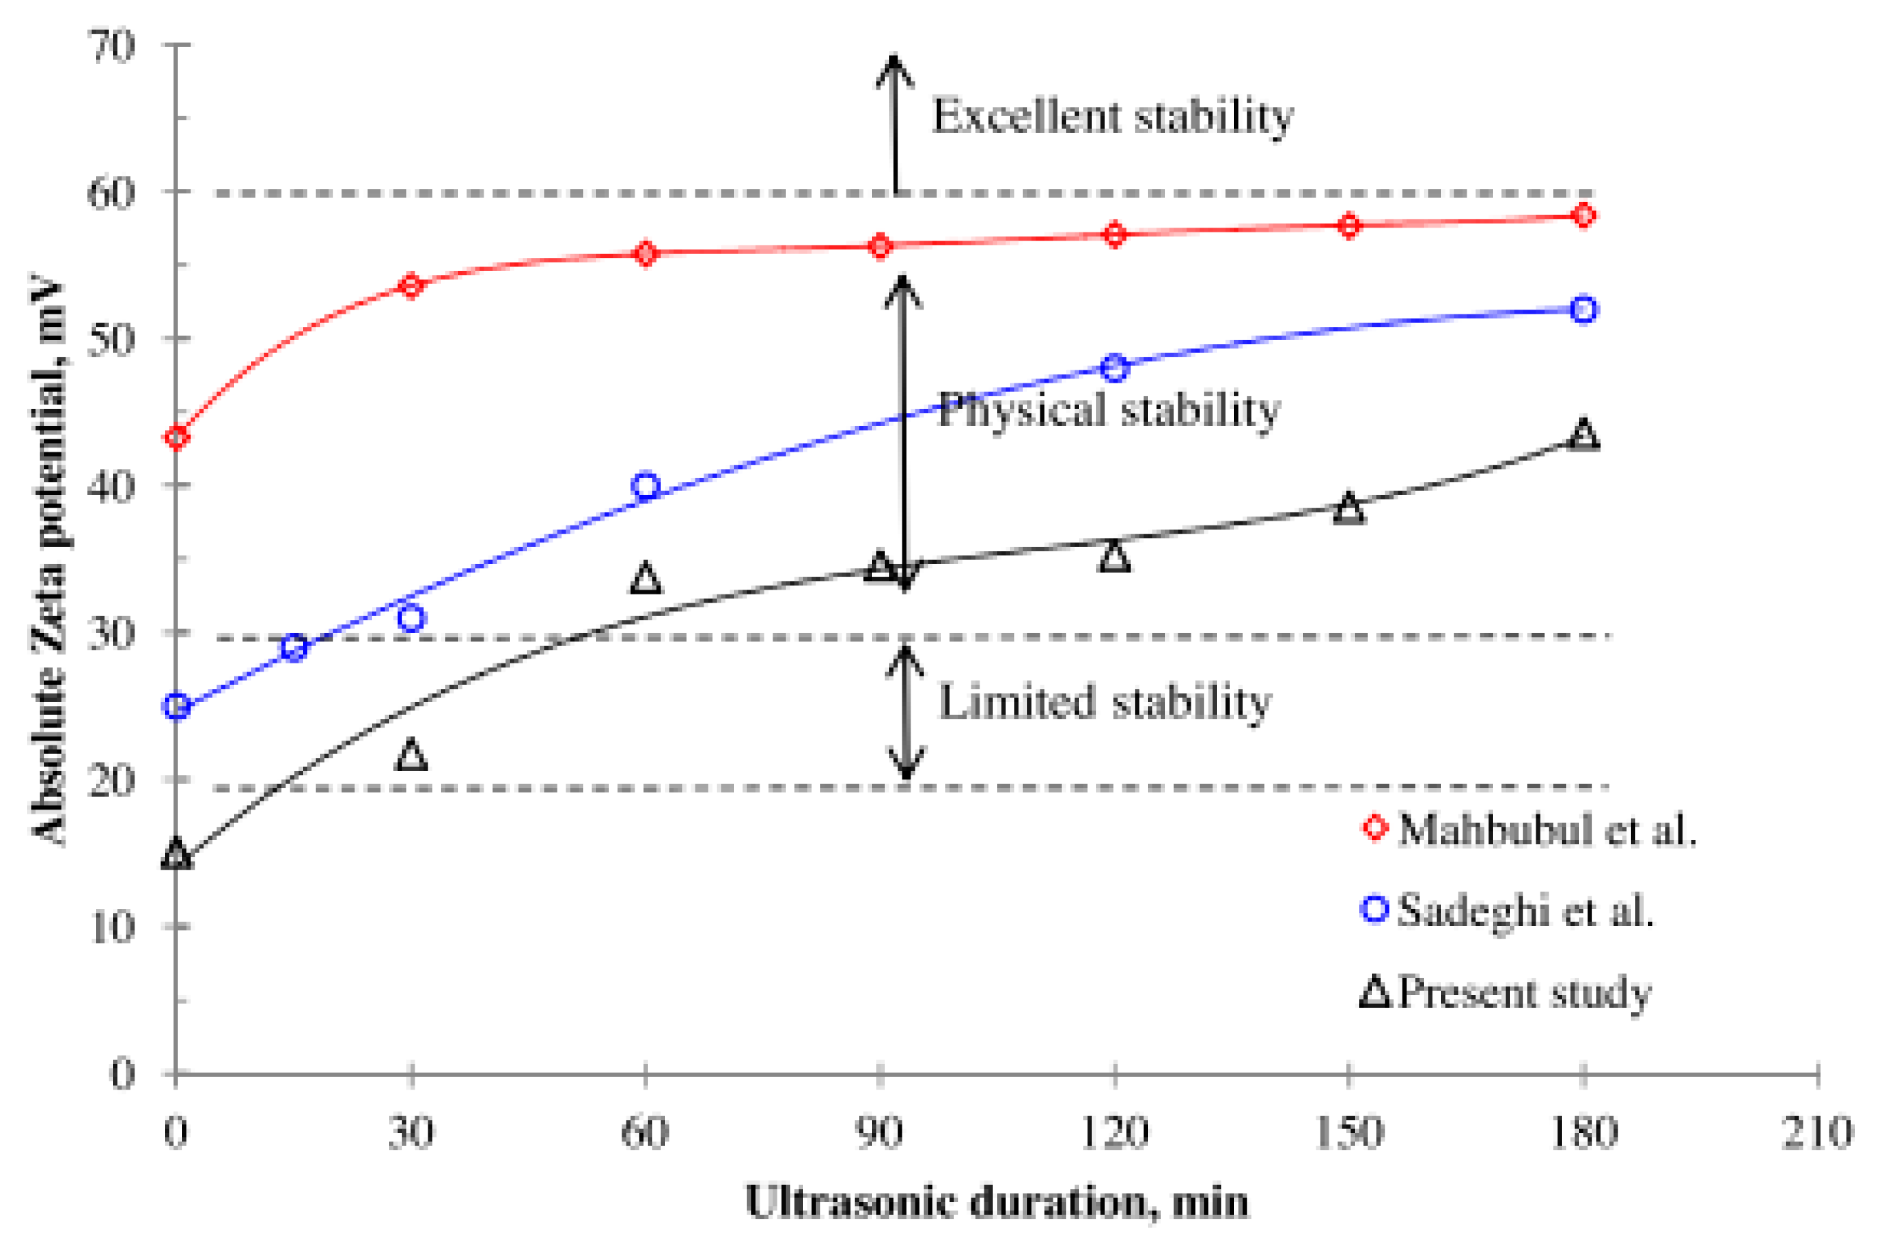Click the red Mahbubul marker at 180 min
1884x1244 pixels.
[x=1583, y=216]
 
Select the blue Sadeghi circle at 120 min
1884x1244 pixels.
[x=1114, y=368]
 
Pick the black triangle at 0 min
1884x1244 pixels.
[x=176, y=854]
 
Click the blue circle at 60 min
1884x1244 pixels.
[x=646, y=485]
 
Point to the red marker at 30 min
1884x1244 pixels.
[x=411, y=285]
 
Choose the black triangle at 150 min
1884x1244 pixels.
[x=1349, y=508]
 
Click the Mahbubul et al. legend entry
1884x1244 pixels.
[x=1527, y=830]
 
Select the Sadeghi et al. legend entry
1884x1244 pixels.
[x=1508, y=910]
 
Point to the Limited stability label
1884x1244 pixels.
[x=1104, y=702]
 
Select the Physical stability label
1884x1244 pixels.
[x=1109, y=410]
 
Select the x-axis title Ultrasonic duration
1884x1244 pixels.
[x=997, y=1202]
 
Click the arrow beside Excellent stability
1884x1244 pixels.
[x=895, y=123]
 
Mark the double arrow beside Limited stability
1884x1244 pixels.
[x=904, y=712]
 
